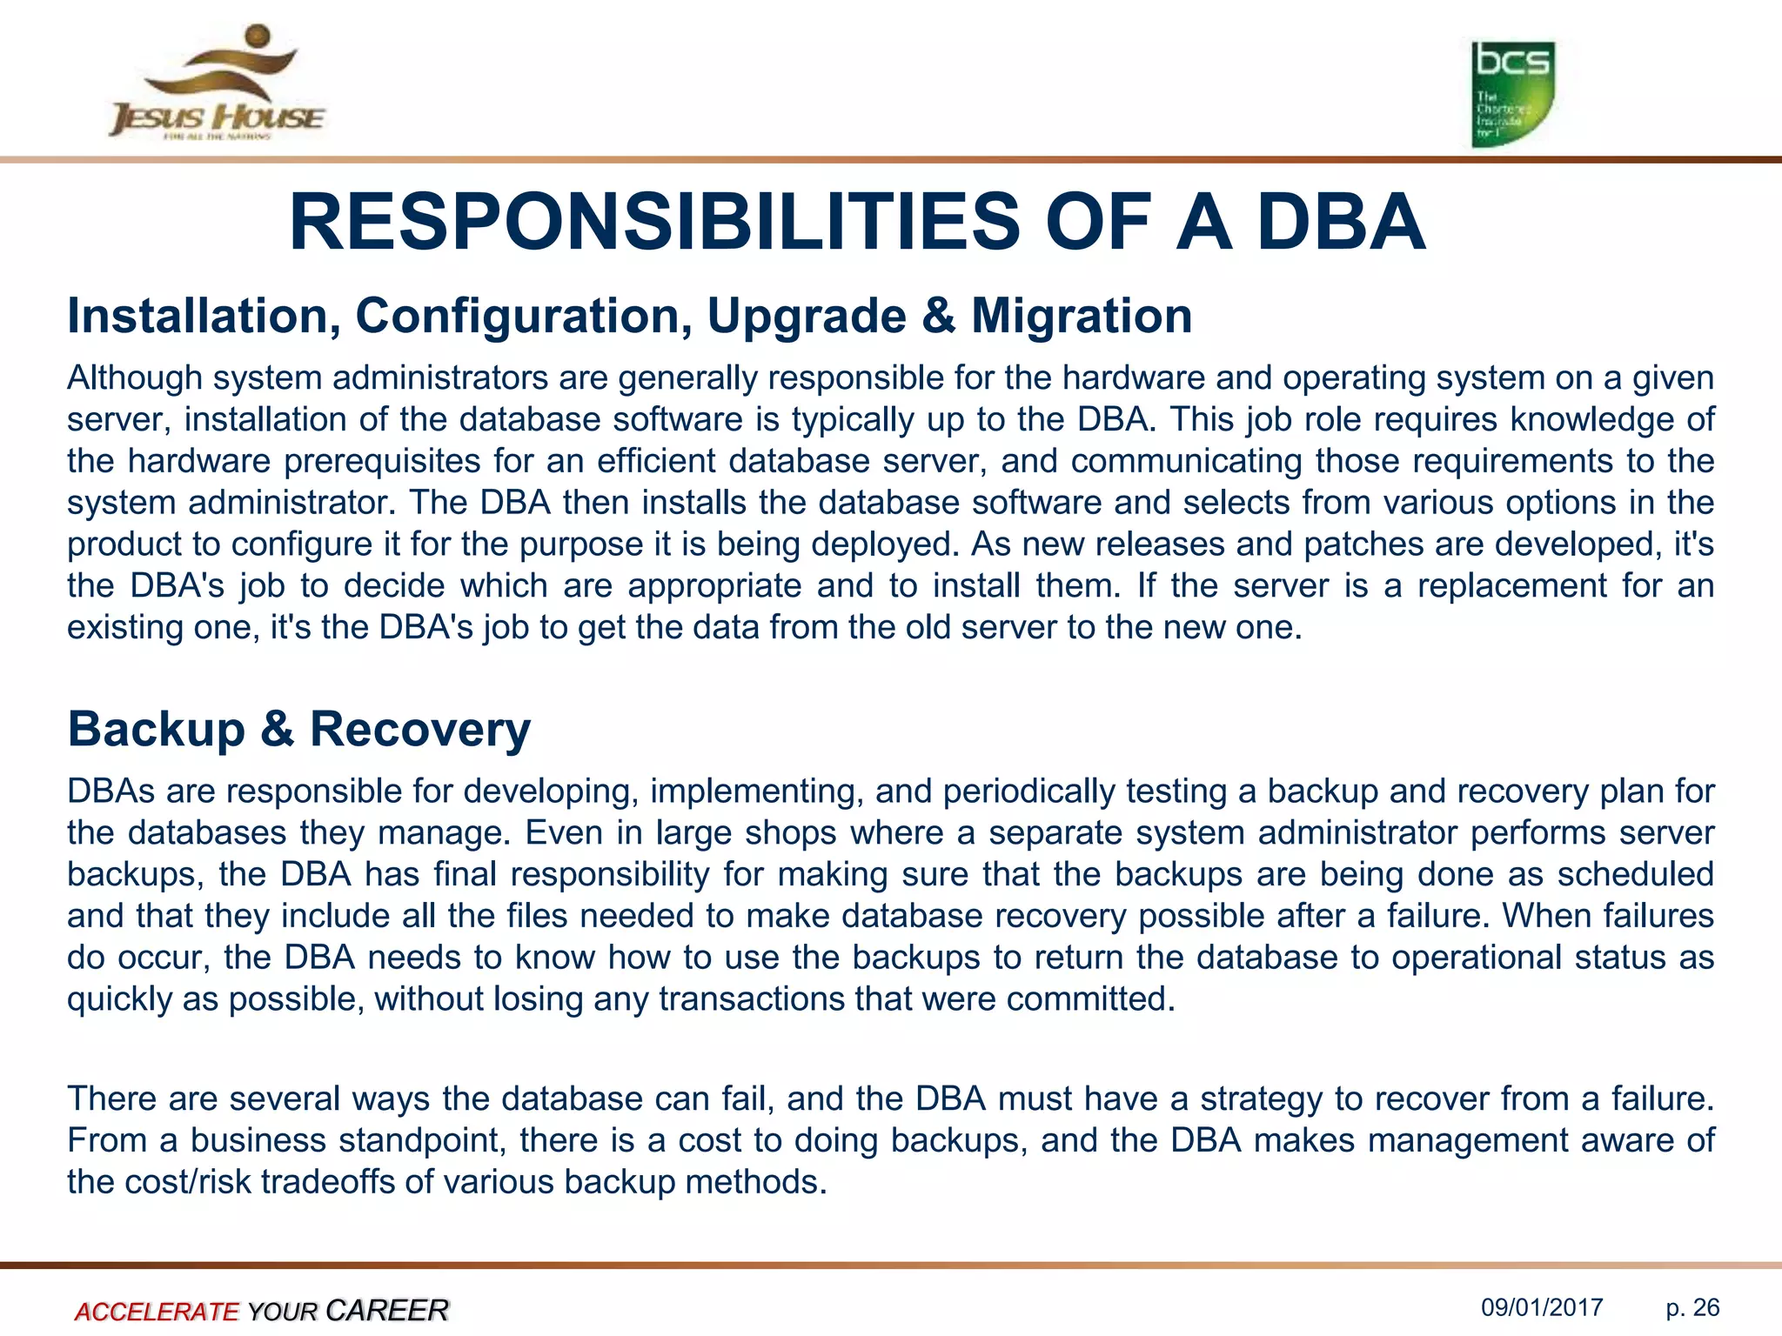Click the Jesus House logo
click(x=216, y=83)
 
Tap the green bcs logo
click(x=1512, y=94)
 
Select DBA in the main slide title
click(x=1341, y=223)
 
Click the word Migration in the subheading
click(x=1082, y=316)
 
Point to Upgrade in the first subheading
click(x=806, y=317)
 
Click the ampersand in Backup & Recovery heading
click(x=278, y=729)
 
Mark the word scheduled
click(x=1635, y=874)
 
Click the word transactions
click(x=751, y=999)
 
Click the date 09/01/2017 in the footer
click(x=1542, y=1307)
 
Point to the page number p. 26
click(x=1692, y=1307)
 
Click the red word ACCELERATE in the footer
click(x=157, y=1311)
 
